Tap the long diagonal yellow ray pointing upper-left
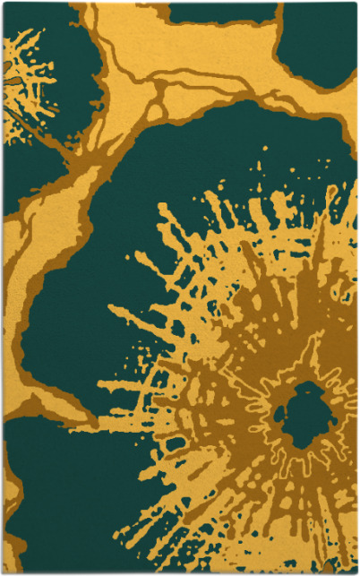point(134,322)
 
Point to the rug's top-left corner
point(4,4)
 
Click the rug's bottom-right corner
point(356,572)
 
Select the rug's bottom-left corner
point(4,572)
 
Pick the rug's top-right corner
point(356,4)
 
